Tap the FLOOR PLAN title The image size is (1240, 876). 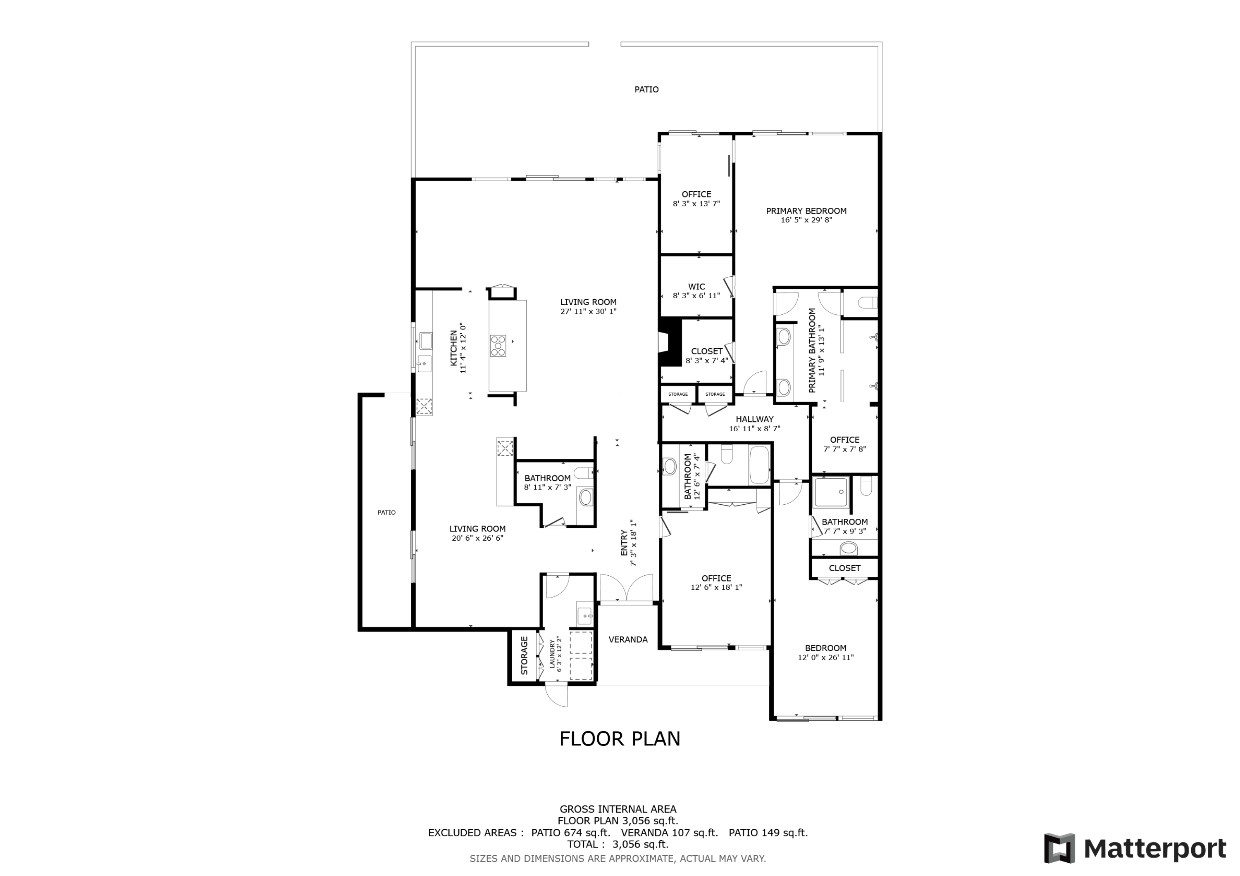(620, 739)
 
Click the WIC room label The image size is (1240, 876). (696, 287)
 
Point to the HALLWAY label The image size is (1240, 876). (754, 419)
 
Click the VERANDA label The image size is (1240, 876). (628, 640)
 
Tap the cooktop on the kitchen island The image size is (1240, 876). (498, 346)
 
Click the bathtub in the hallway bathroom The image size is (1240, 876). (759, 465)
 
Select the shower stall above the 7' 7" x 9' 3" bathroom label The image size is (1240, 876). (831, 492)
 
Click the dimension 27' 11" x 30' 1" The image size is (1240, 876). (588, 311)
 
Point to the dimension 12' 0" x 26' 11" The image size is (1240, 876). (826, 658)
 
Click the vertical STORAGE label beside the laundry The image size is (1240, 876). (524, 656)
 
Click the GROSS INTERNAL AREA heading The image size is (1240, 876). (618, 809)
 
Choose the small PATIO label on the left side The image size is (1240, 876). (387, 512)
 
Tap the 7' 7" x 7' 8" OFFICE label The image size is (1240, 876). (845, 440)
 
